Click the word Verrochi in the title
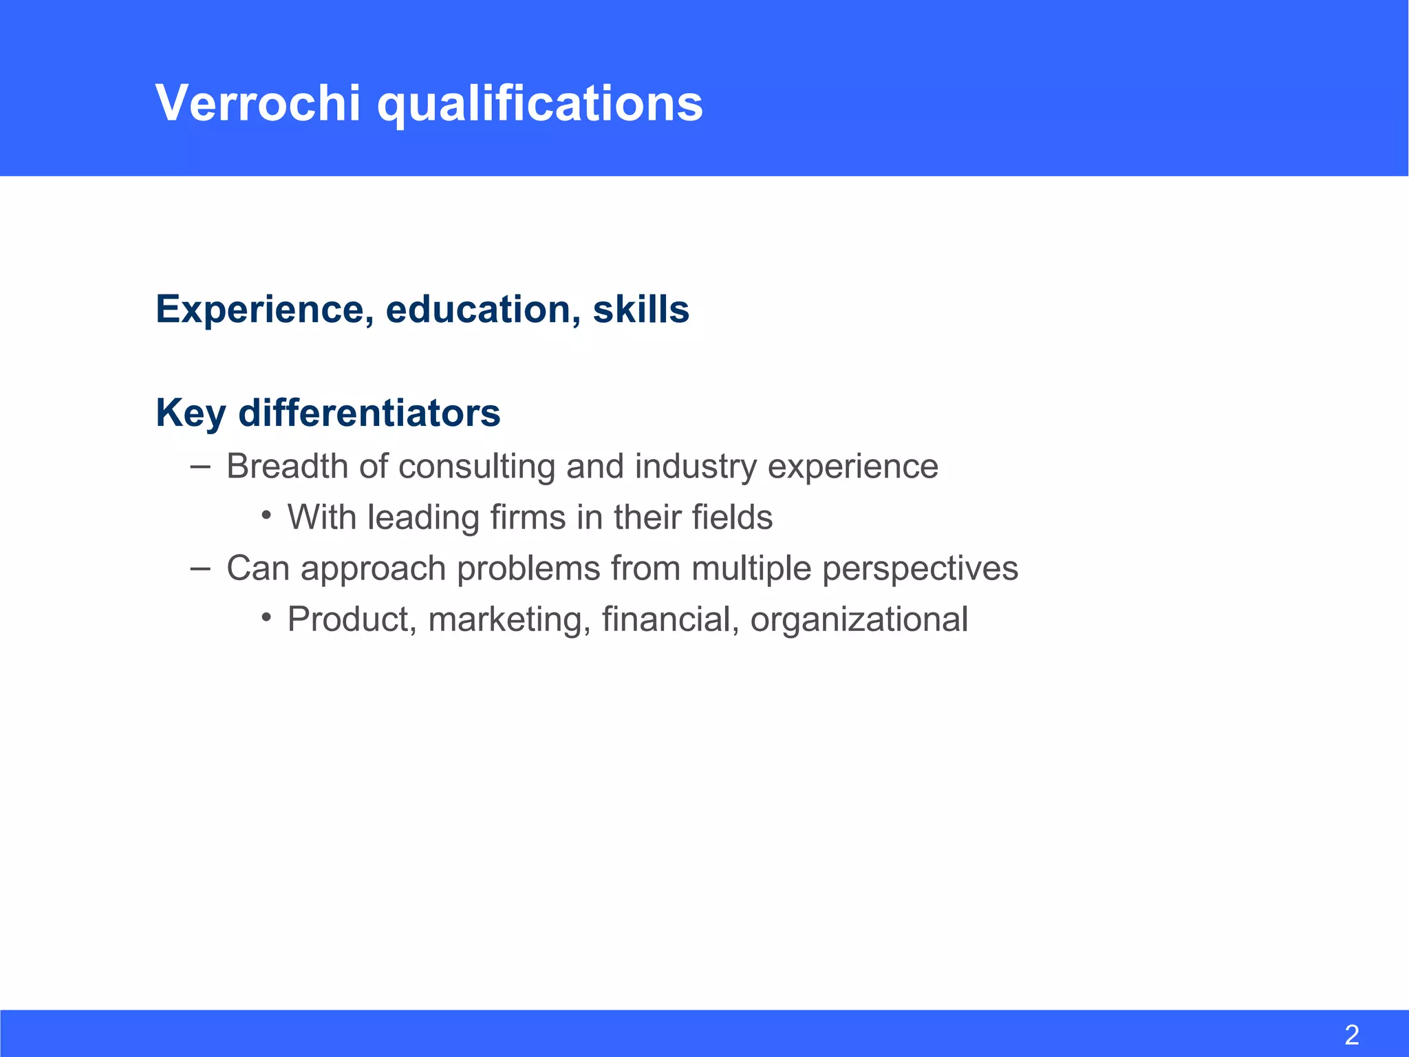click(258, 103)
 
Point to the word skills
click(641, 310)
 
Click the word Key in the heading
click(191, 414)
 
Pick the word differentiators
click(369, 413)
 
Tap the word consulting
click(477, 467)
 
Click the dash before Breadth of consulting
click(200, 467)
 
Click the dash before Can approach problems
click(200, 568)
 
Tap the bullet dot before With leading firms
click(266, 515)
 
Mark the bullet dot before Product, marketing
click(266, 617)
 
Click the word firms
click(528, 517)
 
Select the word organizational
click(859, 620)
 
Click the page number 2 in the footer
click(1351, 1035)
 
